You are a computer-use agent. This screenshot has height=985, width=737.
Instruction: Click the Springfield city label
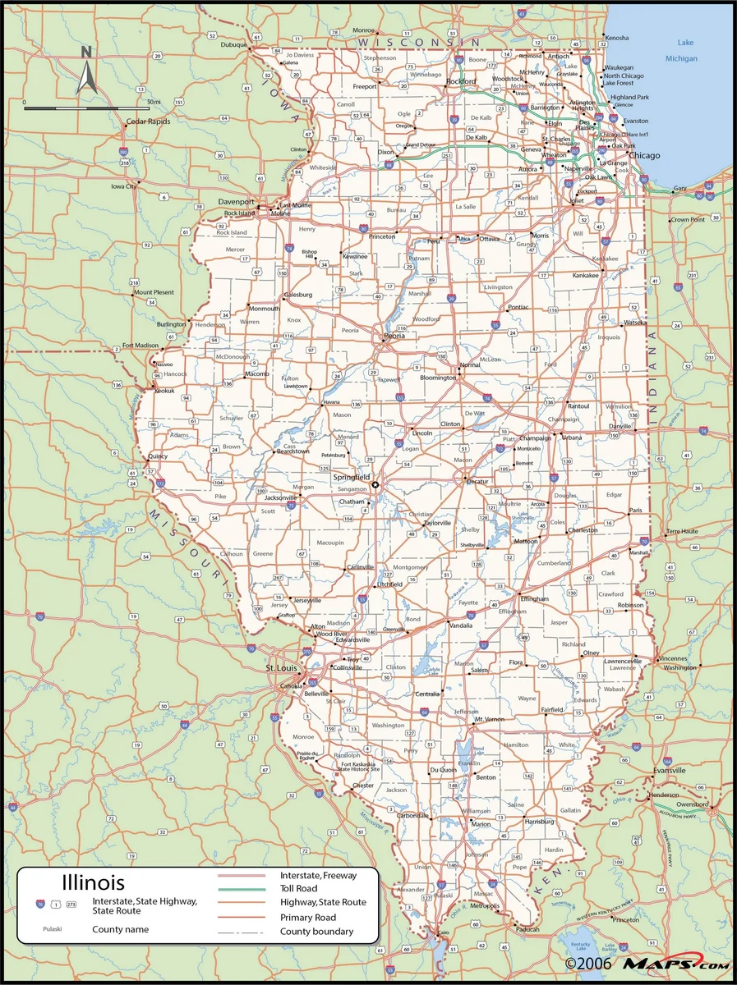351,477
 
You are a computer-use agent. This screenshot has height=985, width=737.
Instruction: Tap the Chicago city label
645,155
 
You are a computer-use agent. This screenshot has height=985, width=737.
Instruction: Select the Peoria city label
394,336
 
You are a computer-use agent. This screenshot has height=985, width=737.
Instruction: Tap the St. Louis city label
279,668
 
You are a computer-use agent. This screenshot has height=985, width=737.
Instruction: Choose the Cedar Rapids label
148,121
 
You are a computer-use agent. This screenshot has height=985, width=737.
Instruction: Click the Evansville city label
669,770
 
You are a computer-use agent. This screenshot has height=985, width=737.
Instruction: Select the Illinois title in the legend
94,883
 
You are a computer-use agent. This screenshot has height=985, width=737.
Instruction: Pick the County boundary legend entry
316,931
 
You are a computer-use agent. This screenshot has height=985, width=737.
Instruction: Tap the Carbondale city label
412,816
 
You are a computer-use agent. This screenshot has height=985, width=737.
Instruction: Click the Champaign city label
535,438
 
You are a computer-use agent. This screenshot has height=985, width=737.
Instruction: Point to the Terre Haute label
681,532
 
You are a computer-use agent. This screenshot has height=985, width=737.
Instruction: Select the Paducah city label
527,929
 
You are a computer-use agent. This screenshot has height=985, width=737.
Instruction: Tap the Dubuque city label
233,45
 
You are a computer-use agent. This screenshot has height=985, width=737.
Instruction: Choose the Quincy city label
158,456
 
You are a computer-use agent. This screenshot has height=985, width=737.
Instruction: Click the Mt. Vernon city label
489,719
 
